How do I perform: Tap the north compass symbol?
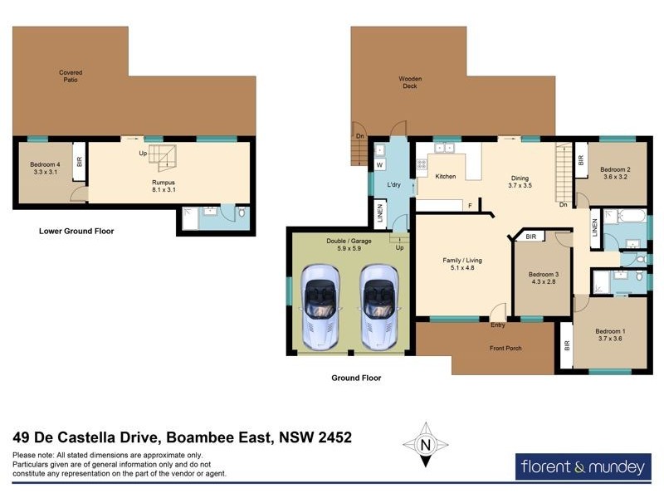pyautogui.click(x=425, y=445)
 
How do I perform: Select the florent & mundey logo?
pyautogui.click(x=581, y=467)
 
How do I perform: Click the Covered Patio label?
pyautogui.click(x=71, y=76)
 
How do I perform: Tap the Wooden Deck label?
pyautogui.click(x=410, y=82)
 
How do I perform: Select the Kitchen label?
pyautogui.click(x=446, y=177)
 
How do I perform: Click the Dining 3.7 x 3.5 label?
pyautogui.click(x=520, y=181)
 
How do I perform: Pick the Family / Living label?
pyautogui.click(x=462, y=264)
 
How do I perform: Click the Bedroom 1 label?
pyautogui.click(x=610, y=334)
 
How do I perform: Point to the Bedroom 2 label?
pyautogui.click(x=616, y=172)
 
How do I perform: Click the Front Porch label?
pyautogui.click(x=505, y=348)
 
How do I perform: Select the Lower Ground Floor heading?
pyautogui.click(x=76, y=231)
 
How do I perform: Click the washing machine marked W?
pyautogui.click(x=378, y=164)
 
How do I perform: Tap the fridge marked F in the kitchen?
pyautogui.click(x=470, y=205)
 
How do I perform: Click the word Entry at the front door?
pyautogui.click(x=498, y=326)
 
